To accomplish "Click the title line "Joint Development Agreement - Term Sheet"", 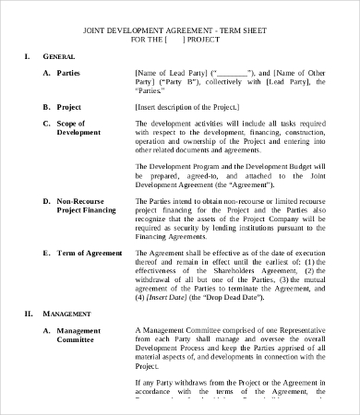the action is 180,29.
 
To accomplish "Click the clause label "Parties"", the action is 68,70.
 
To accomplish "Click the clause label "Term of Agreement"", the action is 90,253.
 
